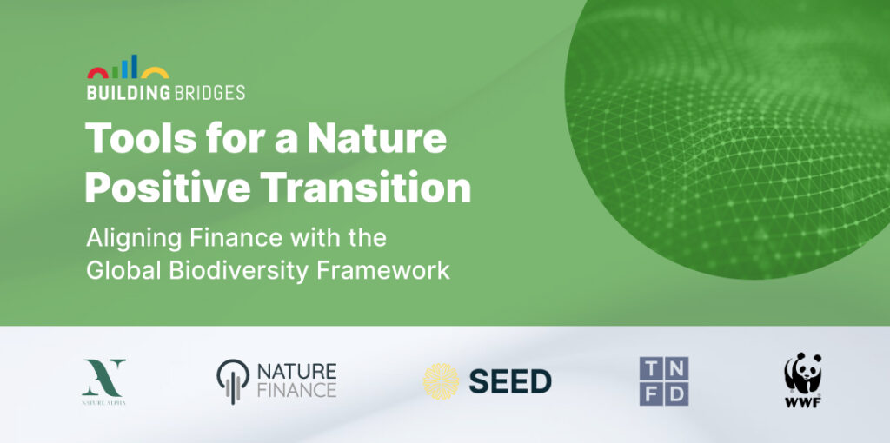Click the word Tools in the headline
[x=140, y=138]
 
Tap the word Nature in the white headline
[x=377, y=138]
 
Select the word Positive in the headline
[x=168, y=188]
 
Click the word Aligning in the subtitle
[x=134, y=239]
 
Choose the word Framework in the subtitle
[x=383, y=269]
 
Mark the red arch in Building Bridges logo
[x=97, y=70]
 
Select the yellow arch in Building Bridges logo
[x=155, y=69]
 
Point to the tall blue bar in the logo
[x=135, y=66]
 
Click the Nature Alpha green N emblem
[x=104, y=377]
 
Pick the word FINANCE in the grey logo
[x=297, y=390]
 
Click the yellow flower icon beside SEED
[x=441, y=381]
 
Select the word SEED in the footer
[x=510, y=381]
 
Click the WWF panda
[x=803, y=374]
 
